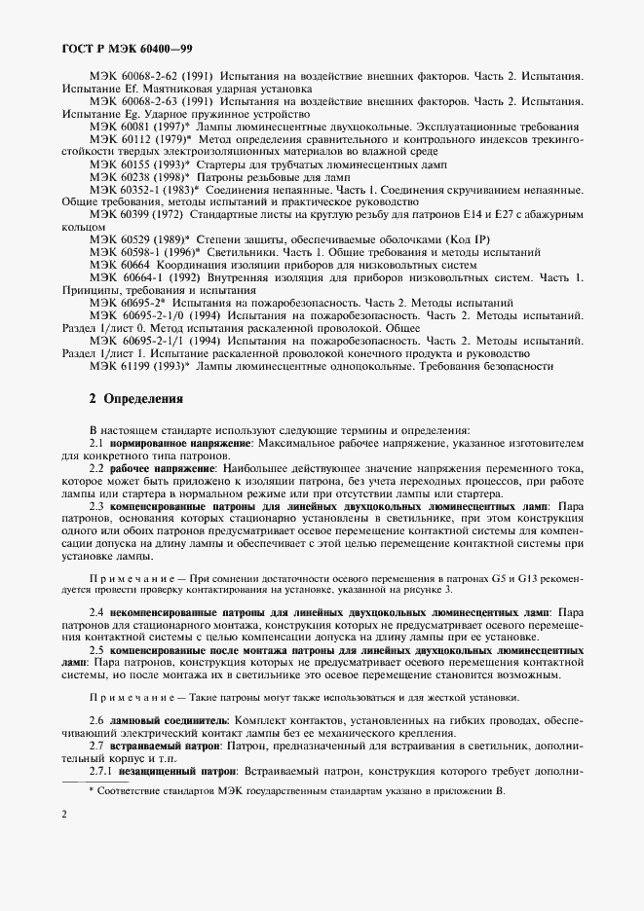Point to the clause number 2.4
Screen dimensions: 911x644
pos(96,611)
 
